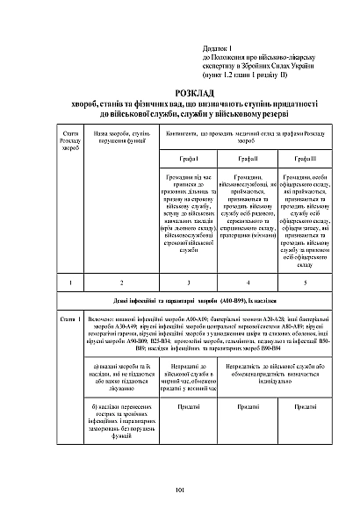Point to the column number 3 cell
pyautogui.click(x=190, y=283)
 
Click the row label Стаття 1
pyautogui.click(x=71, y=318)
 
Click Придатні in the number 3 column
pyautogui.click(x=190, y=406)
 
